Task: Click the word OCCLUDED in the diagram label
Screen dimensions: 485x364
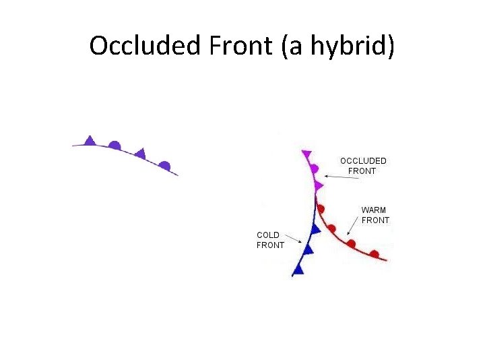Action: tap(363, 161)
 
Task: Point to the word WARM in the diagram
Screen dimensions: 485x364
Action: tap(374, 210)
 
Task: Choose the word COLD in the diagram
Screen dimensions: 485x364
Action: tap(268, 235)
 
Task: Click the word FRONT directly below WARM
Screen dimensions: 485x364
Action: tap(375, 220)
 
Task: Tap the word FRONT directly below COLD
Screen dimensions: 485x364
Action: tap(270, 245)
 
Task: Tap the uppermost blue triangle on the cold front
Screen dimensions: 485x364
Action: tap(315, 229)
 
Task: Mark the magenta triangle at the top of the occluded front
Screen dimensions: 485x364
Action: tap(307, 154)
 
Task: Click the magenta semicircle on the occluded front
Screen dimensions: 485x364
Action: tap(313, 169)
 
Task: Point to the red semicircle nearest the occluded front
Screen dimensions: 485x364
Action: tap(321, 210)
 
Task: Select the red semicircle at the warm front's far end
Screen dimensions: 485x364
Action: tap(374, 254)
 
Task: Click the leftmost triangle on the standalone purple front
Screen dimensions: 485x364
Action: tap(90, 140)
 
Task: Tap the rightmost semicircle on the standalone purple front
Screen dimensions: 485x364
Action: tap(164, 165)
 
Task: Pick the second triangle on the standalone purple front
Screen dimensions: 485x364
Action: tap(140, 153)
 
